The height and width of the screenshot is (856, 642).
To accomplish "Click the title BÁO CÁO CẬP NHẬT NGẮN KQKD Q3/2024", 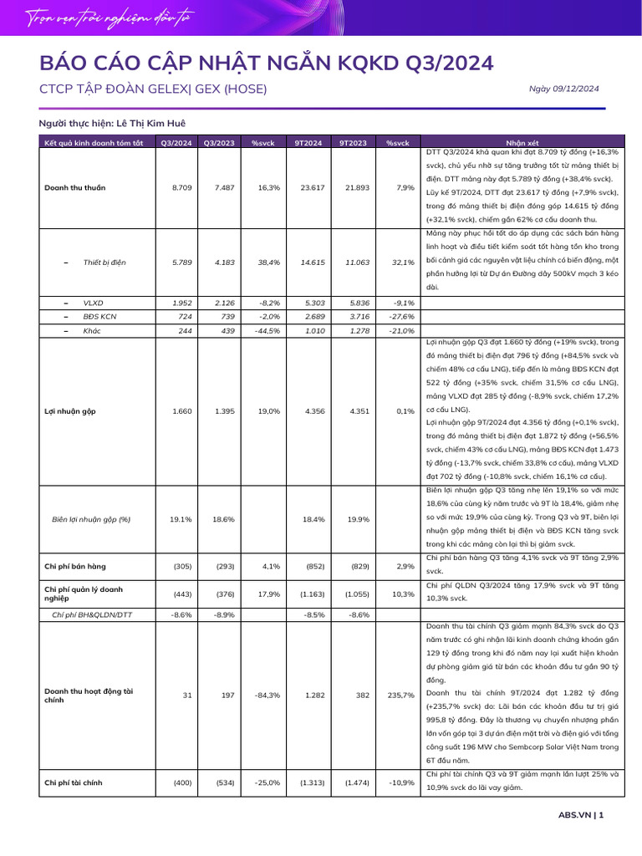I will pos(267,63).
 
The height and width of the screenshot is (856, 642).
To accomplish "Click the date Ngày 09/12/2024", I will pos(565,89).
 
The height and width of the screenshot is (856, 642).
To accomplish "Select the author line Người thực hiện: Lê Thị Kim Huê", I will pos(112,123).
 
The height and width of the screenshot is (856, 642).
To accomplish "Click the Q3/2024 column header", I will pos(176,143).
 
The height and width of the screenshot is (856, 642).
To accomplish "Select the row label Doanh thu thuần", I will pos(75,187).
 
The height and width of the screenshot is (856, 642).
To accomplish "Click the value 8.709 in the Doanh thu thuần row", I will pos(181,187).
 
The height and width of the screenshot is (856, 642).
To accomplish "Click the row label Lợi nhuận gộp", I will pos(71,410).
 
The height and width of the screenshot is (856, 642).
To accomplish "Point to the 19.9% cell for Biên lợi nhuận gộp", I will pos(359,519).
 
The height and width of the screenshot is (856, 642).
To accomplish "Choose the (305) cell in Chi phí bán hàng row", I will pos(181,566).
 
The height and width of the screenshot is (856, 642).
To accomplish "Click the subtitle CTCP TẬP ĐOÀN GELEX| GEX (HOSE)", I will pos(153,89).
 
